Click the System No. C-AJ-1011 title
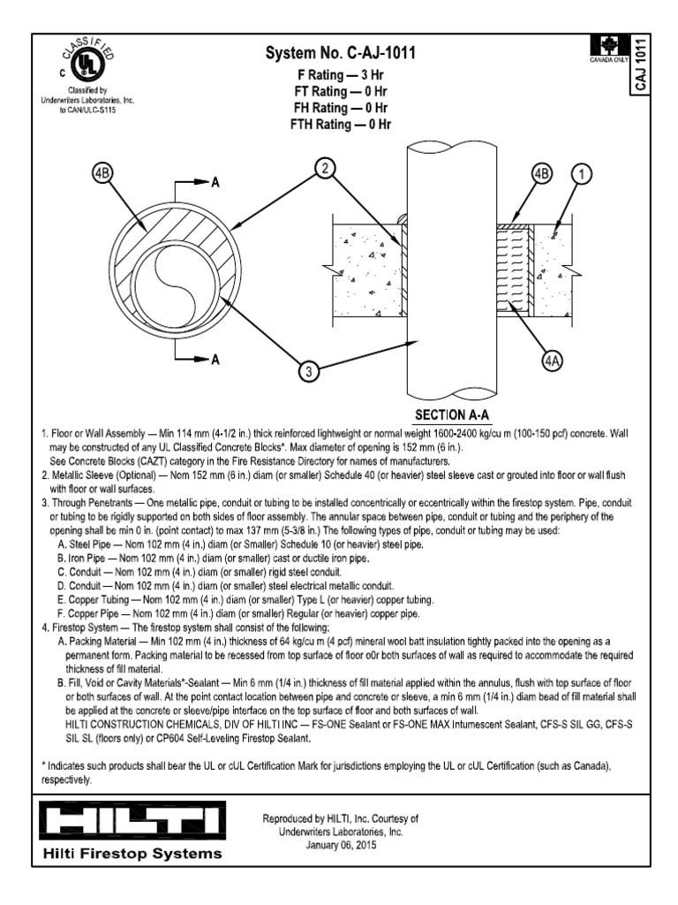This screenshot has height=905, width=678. pos(341,55)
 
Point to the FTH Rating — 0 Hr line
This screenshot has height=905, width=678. pos(341,125)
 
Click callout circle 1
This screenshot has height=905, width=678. pos(580,174)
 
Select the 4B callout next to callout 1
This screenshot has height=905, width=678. pos(539,174)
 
